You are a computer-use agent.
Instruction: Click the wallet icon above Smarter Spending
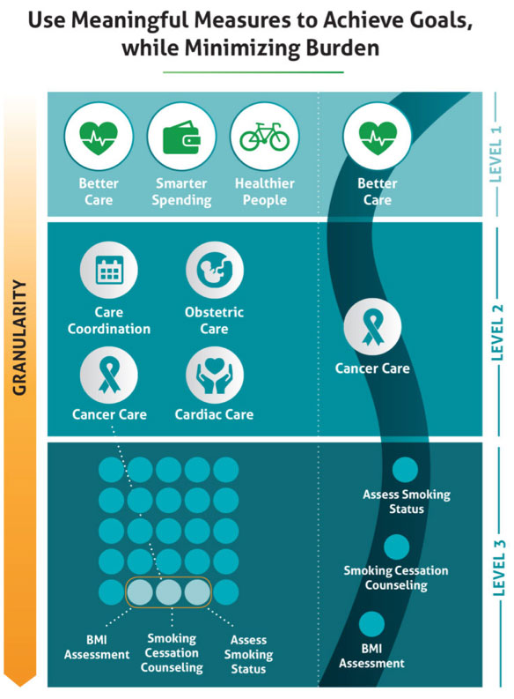tap(181, 137)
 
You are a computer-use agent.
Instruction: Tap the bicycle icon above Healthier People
tap(264, 136)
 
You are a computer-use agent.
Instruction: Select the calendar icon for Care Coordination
tap(109, 270)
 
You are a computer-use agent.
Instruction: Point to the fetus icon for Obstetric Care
tap(215, 270)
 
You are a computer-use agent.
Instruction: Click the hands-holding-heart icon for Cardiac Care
tap(215, 376)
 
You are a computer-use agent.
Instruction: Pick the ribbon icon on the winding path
tap(372, 327)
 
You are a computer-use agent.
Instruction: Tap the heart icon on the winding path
tap(378, 137)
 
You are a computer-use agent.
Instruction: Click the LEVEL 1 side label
tap(496, 153)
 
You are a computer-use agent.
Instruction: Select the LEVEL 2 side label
tap(496, 332)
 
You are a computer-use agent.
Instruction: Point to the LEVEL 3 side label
tap(499, 568)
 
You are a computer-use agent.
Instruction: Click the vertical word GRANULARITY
tap(19, 338)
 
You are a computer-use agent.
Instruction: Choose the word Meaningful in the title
tap(130, 20)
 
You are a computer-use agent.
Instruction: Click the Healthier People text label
tap(265, 191)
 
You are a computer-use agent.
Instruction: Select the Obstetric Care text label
tap(214, 320)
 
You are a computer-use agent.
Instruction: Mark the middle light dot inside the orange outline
tap(169, 592)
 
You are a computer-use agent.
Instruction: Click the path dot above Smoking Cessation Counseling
tap(397, 547)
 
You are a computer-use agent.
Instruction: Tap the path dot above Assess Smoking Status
tap(405, 470)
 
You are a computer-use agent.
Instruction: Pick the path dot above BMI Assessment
tap(371, 624)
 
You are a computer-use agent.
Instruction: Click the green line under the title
tap(253, 71)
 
